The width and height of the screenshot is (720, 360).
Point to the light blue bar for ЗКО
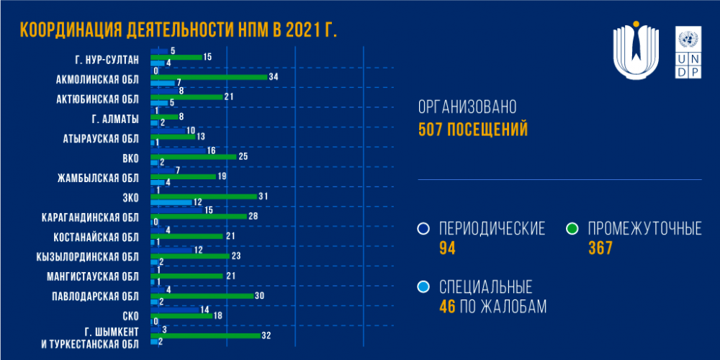[171, 202]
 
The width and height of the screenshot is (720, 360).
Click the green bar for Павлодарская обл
[202, 295]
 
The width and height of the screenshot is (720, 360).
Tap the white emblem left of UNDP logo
[636, 53]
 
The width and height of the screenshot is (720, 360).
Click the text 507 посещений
[473, 130]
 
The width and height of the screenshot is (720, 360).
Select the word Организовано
[468, 108]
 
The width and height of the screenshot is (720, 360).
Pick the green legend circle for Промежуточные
[573, 229]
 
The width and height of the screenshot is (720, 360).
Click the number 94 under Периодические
[448, 248]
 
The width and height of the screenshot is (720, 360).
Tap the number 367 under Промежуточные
[600, 248]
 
